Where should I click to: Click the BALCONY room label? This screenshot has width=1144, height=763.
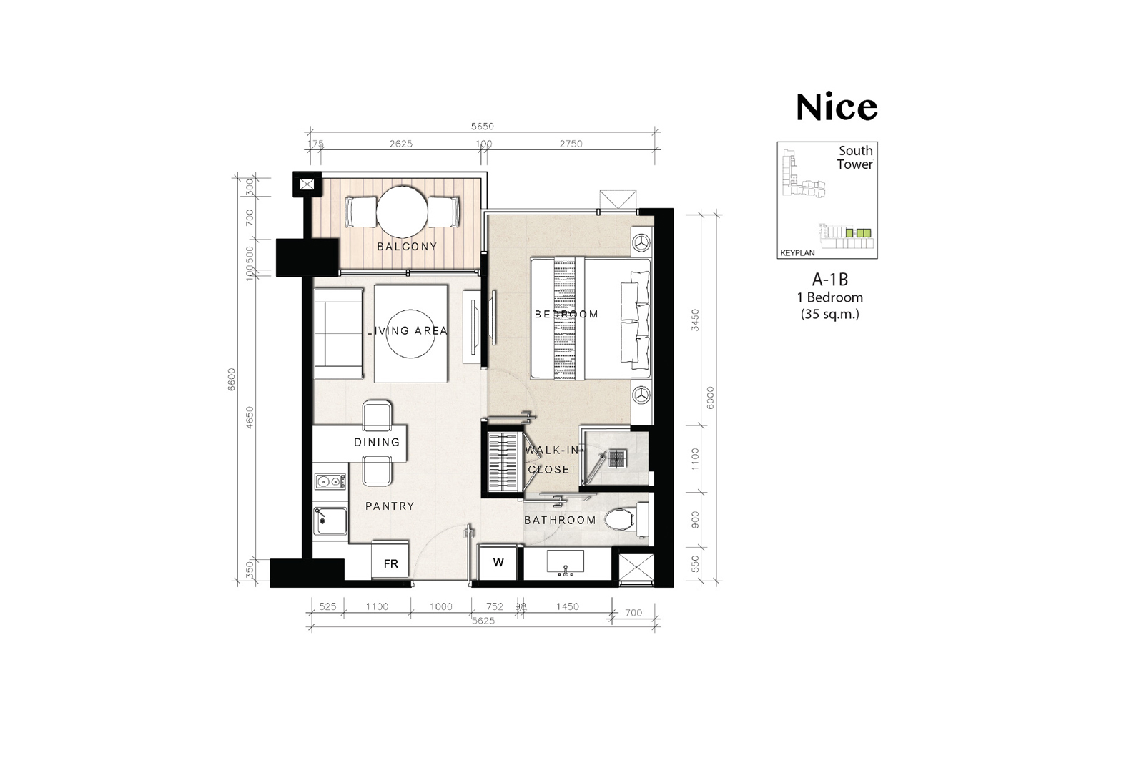tap(407, 247)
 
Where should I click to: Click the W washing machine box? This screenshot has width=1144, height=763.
tap(498, 562)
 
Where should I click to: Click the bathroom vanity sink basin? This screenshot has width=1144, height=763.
tap(566, 562)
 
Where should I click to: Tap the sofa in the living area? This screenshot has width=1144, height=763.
tap(339, 334)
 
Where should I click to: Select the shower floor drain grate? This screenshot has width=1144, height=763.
tap(618, 458)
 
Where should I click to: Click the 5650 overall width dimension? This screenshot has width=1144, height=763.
tap(482, 126)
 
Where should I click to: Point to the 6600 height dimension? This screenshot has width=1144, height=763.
tap(232, 380)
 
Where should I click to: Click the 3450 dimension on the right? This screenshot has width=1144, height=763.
tap(695, 320)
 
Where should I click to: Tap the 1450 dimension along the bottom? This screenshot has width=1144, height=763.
tap(568, 606)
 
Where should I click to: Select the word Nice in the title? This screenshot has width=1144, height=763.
tap(837, 107)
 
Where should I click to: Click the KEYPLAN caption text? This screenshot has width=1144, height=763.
tap(797, 253)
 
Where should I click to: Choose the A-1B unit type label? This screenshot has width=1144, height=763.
tap(830, 280)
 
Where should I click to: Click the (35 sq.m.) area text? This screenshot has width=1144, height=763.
tap(830, 314)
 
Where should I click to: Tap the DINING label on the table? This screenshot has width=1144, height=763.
tap(377, 442)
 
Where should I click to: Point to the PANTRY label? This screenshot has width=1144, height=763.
tap(390, 506)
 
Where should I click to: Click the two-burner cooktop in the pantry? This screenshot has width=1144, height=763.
tap(330, 481)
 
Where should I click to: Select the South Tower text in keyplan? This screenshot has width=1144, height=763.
tap(855, 157)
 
